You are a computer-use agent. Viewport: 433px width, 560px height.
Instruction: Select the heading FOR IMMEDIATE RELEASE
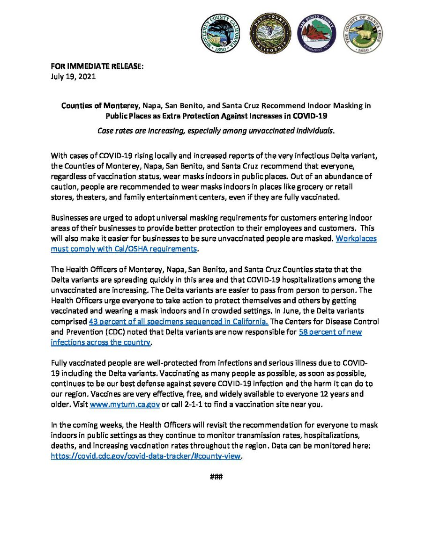coord(97,66)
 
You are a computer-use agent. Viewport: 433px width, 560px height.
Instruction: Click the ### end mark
coord(216,477)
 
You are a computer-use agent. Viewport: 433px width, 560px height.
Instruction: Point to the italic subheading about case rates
coord(216,131)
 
